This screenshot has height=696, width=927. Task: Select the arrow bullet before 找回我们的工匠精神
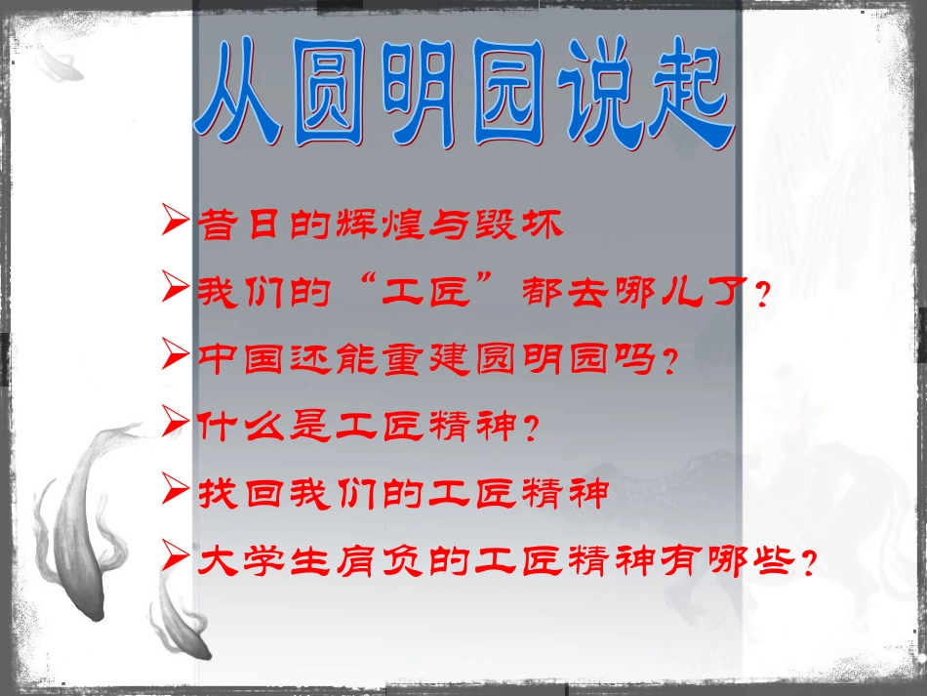[x=177, y=489]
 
